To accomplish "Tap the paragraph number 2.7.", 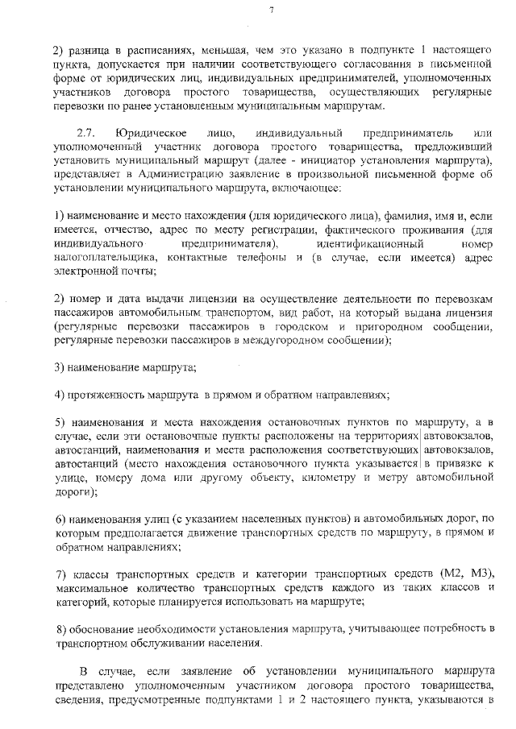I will click(85, 132).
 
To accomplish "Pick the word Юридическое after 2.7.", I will click(152, 132).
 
